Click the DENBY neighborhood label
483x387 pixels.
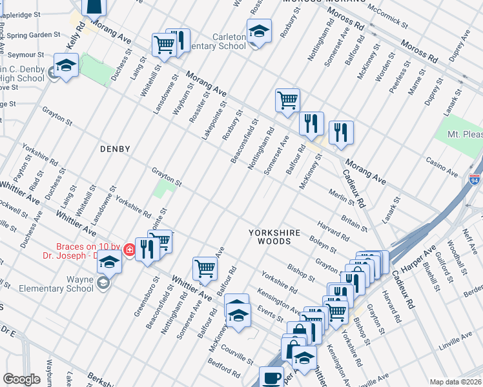pos(115,149)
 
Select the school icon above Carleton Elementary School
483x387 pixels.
pos(258,31)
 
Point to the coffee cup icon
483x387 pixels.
pos(271,377)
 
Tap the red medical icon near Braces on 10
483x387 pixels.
pos(130,250)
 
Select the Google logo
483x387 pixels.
pos(21,379)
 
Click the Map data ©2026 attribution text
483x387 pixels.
pos(455,382)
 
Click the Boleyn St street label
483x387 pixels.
pos(323,244)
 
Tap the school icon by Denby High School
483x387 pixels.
pos(65,66)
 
